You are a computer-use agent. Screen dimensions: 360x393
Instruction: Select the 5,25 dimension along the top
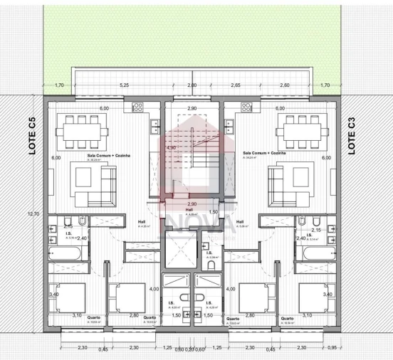(x=125, y=85)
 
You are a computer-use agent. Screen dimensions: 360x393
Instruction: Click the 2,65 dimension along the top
(x=235, y=85)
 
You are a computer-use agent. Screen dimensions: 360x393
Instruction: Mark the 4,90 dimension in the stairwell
(x=171, y=148)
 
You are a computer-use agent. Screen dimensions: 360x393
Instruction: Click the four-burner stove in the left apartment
(x=137, y=107)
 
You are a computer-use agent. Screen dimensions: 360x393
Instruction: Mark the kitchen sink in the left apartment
(x=154, y=127)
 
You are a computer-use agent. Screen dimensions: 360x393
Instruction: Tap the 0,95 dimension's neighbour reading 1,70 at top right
(x=325, y=85)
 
